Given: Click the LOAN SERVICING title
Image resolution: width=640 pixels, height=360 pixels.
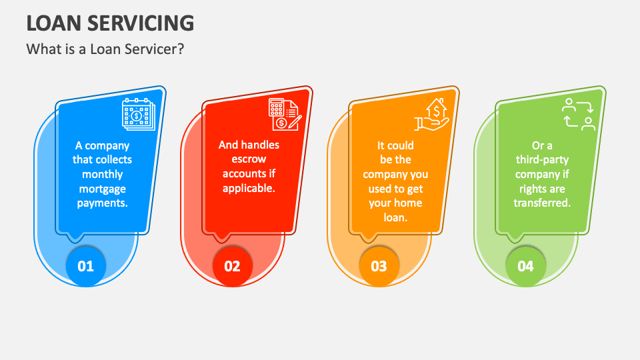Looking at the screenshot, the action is [110, 23].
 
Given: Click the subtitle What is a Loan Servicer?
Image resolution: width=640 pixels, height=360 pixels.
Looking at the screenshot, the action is [105, 49].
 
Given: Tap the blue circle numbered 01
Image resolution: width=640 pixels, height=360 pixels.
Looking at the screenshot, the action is [86, 266].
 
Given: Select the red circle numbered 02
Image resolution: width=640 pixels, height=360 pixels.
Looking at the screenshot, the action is [232, 266].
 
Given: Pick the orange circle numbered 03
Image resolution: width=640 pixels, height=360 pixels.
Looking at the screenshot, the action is [379, 266].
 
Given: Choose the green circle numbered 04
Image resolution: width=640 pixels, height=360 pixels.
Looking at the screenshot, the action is [525, 266].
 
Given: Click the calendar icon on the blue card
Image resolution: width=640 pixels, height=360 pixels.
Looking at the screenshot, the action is [139, 114].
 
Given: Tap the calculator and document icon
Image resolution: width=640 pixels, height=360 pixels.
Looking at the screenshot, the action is [285, 114].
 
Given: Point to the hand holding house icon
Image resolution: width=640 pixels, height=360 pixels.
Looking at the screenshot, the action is [431, 115].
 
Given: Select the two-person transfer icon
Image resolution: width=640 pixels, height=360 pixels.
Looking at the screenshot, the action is [579, 114].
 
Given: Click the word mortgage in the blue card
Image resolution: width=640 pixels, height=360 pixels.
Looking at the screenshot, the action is [103, 189].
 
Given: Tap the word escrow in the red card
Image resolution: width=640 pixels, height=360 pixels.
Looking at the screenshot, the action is [249, 159].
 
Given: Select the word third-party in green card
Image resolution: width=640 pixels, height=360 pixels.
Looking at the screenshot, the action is [542, 159].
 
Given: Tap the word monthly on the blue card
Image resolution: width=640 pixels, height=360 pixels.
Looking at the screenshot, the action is [103, 174].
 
